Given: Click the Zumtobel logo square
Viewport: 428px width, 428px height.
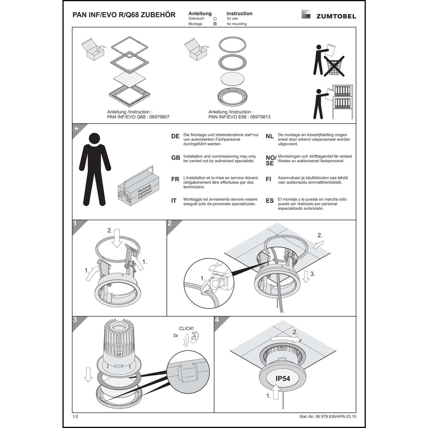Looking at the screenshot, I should point(306,14).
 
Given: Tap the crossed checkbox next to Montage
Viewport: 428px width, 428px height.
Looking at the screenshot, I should point(215,24).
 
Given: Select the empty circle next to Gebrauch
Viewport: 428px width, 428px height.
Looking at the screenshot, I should point(215,19).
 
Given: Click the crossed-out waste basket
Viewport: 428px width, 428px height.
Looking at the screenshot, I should point(334,66).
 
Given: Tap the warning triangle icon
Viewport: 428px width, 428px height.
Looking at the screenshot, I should point(76,128).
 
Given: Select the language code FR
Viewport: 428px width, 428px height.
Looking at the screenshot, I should point(175,179).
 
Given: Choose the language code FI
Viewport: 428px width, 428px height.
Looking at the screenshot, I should point(268,179).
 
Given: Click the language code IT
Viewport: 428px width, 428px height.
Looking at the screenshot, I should point(174,201).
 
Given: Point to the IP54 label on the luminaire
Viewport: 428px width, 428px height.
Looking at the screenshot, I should point(282,379).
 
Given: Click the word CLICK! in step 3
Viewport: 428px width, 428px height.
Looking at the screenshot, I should point(186,329).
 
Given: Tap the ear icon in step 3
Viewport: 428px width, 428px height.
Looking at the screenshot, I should point(195,338).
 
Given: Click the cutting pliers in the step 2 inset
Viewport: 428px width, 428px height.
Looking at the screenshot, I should point(217,281).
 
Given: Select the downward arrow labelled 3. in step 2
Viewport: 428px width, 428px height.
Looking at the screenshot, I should point(306,276).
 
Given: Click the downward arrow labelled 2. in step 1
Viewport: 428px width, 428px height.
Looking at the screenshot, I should point(117,240).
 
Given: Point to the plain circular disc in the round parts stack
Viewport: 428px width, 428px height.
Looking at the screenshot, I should point(233,79).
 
